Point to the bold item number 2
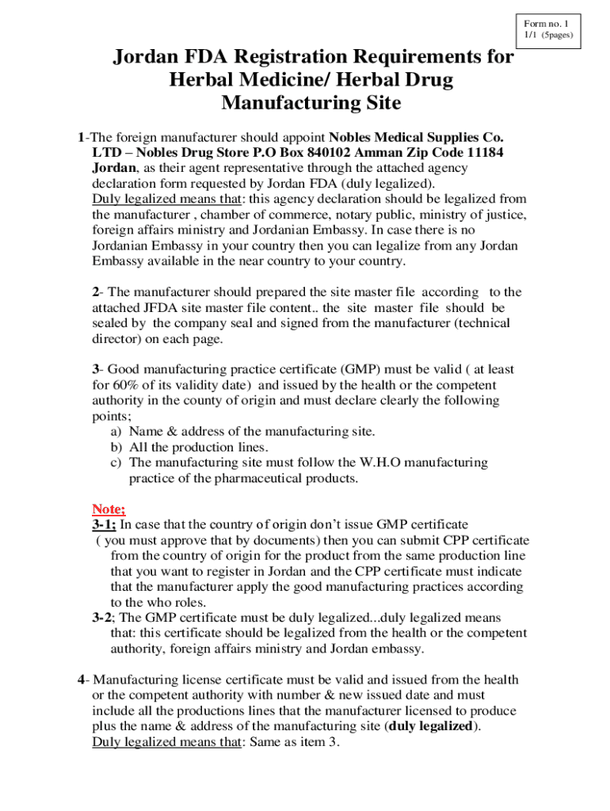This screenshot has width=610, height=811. pos(96,292)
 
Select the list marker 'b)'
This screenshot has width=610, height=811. pos(116,447)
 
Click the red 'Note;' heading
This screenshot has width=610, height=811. pos(109,508)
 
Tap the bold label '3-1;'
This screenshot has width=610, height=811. pos(104,524)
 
